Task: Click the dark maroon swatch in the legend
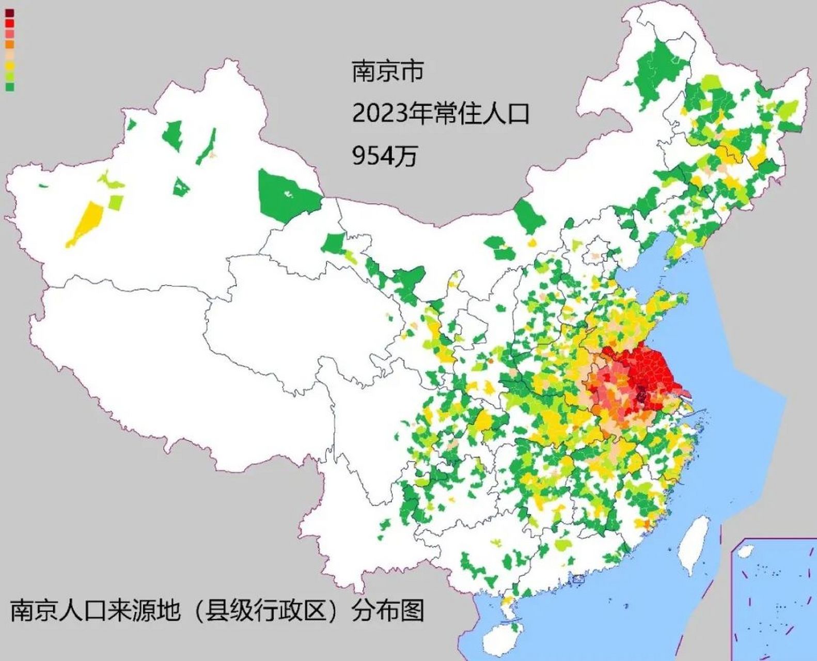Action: tap(10, 13)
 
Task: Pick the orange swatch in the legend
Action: tap(10, 44)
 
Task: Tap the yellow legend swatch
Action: tap(10, 66)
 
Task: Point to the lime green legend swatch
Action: tap(10, 76)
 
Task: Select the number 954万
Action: tap(384, 155)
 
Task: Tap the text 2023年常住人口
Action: tap(441, 113)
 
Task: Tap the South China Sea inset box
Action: tap(774, 599)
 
